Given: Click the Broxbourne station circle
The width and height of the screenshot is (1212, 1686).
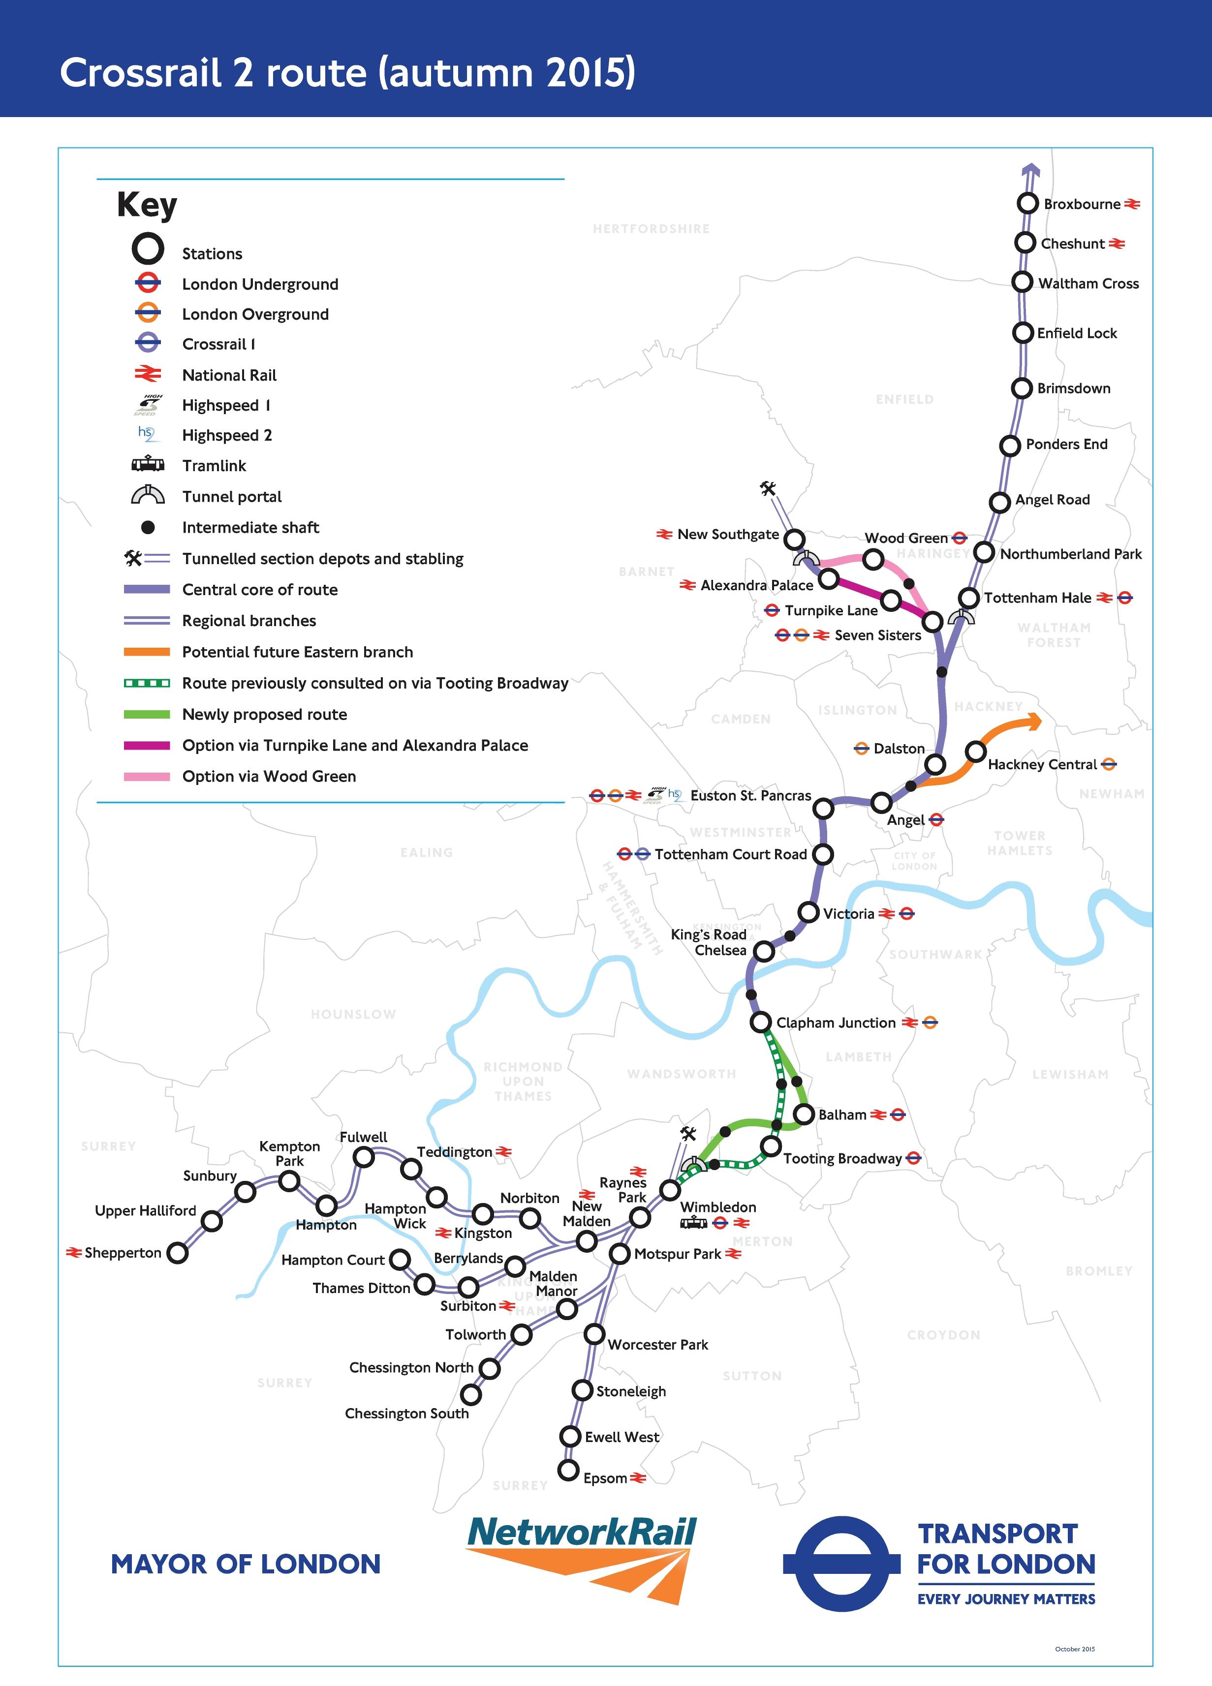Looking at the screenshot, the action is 1027,203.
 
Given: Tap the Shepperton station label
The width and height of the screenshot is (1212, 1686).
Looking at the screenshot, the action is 123,1253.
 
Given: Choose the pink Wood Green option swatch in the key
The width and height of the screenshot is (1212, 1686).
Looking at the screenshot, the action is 147,776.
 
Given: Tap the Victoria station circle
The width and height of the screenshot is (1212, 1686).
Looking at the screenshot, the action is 808,912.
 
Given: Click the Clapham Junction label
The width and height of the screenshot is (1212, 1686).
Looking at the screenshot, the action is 836,1023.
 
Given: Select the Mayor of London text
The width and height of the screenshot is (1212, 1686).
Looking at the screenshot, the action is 246,1564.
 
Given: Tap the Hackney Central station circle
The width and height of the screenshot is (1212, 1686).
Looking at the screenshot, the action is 975,752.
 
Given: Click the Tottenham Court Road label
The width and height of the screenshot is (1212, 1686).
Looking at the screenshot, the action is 730,854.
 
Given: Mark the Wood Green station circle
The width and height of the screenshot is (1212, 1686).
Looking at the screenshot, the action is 873,558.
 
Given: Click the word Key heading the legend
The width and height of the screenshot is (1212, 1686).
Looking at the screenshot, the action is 147,205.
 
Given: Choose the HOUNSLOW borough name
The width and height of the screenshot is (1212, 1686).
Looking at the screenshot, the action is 353,1015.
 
